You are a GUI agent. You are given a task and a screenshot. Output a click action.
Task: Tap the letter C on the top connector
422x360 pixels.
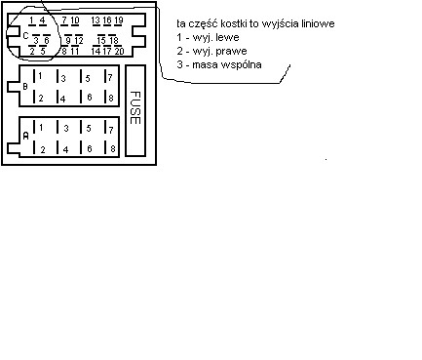click(x=25, y=34)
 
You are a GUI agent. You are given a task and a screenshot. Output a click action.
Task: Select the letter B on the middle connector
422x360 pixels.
click(x=26, y=86)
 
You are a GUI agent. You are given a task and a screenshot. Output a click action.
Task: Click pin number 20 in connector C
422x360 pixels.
click(x=119, y=50)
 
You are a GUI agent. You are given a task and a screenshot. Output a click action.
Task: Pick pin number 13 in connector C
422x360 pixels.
click(x=96, y=20)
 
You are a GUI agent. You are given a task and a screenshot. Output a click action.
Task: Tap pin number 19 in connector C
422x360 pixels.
click(x=118, y=20)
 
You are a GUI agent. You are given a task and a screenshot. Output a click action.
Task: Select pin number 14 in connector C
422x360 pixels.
click(x=96, y=50)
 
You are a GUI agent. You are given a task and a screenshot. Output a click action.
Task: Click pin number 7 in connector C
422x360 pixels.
click(x=64, y=20)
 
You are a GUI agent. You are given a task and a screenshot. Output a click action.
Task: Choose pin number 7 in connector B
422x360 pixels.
click(x=109, y=77)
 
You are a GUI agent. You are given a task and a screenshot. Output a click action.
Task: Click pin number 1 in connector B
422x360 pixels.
click(x=40, y=77)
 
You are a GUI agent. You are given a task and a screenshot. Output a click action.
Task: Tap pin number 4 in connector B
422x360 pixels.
click(x=63, y=98)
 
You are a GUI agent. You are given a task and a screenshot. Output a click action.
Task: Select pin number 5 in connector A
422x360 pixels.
click(x=87, y=128)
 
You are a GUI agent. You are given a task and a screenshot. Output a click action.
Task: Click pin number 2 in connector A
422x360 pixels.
click(x=40, y=148)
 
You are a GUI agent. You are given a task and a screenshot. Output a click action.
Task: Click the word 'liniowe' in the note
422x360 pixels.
click(x=307, y=21)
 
